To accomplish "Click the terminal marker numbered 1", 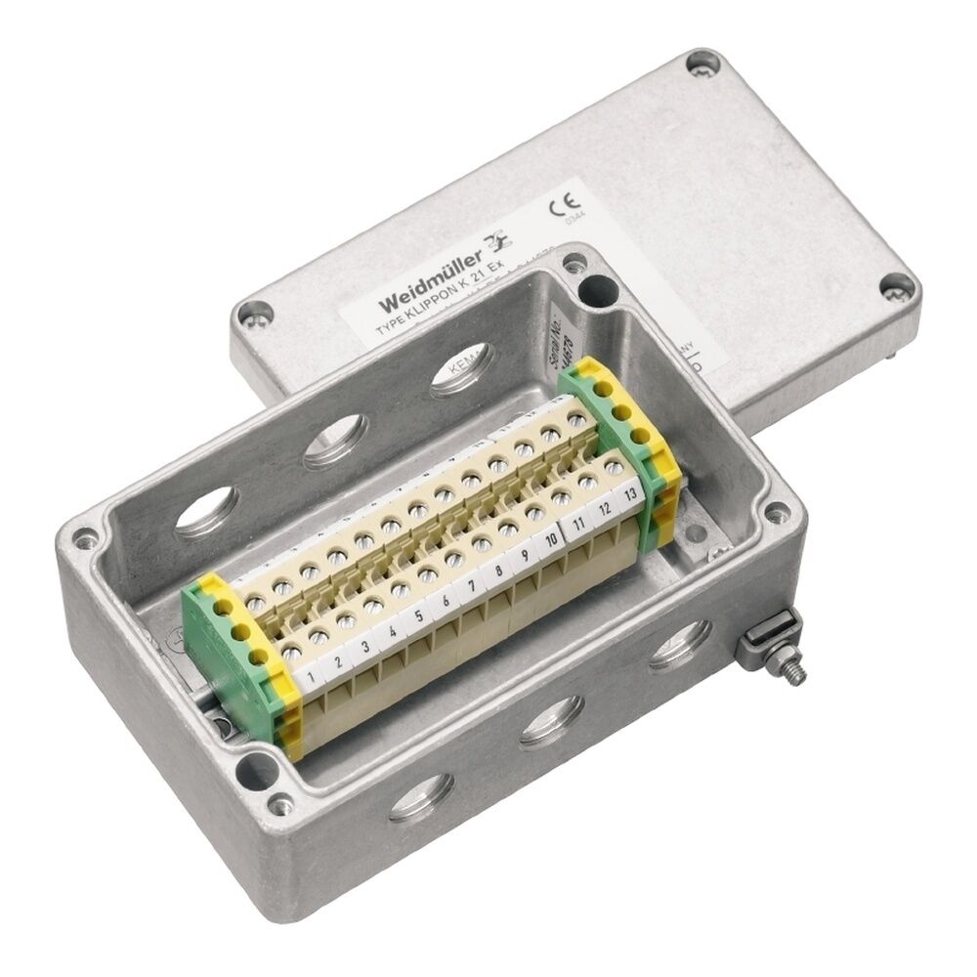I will [x=311, y=674].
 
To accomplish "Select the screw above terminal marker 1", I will [x=290, y=646].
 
